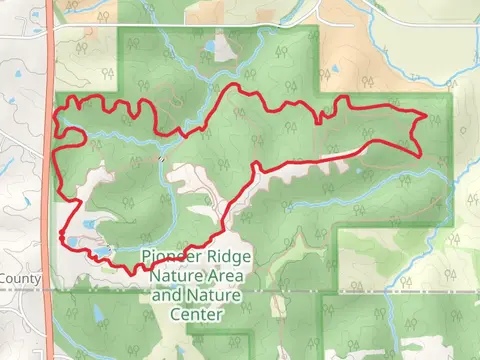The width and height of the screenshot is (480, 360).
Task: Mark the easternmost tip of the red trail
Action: pyautogui.click(x=427, y=116)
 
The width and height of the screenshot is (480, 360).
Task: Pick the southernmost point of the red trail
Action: pyautogui.click(x=129, y=271)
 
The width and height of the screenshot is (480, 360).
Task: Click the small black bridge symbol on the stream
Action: pyautogui.click(x=160, y=157)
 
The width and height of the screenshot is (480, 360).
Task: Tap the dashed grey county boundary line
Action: pyautogui.click(x=300, y=290)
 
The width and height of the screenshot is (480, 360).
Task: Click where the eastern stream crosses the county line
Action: pyautogui.click(x=392, y=290)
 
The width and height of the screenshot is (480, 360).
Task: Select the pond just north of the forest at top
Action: pyautogui.click(x=211, y=46)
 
